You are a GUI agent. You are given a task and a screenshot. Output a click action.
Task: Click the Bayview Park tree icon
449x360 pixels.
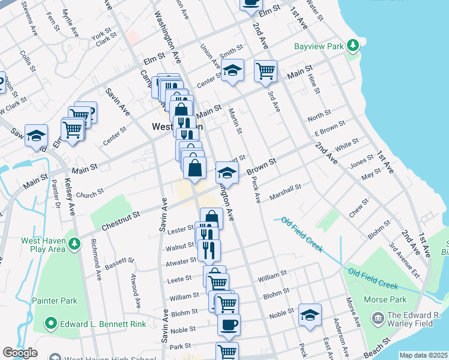click(354, 45)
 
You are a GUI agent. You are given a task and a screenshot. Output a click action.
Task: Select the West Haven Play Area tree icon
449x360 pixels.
click(74, 244)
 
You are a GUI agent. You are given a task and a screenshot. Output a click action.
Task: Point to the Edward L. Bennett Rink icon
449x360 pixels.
click(50, 324)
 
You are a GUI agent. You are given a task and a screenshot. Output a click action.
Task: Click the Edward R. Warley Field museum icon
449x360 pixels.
click(378, 317)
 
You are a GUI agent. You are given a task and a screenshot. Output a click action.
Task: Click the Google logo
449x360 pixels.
click(20, 353)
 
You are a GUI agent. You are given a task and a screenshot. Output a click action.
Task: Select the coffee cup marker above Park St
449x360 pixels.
click(228, 325)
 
